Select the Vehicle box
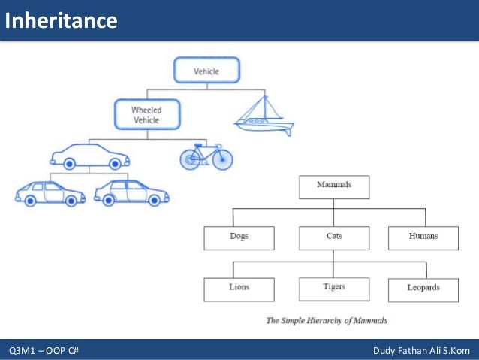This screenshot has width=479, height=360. click(x=206, y=71)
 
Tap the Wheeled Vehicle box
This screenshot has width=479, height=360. click(x=146, y=114)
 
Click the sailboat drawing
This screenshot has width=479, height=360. click(x=264, y=117)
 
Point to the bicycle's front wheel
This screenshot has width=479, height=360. click(x=221, y=159)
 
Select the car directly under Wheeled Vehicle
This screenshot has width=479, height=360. click(x=89, y=156)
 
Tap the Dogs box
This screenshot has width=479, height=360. click(x=239, y=237)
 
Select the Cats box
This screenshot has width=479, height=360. click(x=334, y=237)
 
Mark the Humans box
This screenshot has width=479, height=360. click(x=423, y=237)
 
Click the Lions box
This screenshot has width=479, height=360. click(x=239, y=289)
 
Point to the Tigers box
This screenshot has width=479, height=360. click(x=334, y=288)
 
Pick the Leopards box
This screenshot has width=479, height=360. click(x=423, y=289)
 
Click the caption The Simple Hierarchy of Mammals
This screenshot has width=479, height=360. click(x=327, y=321)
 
